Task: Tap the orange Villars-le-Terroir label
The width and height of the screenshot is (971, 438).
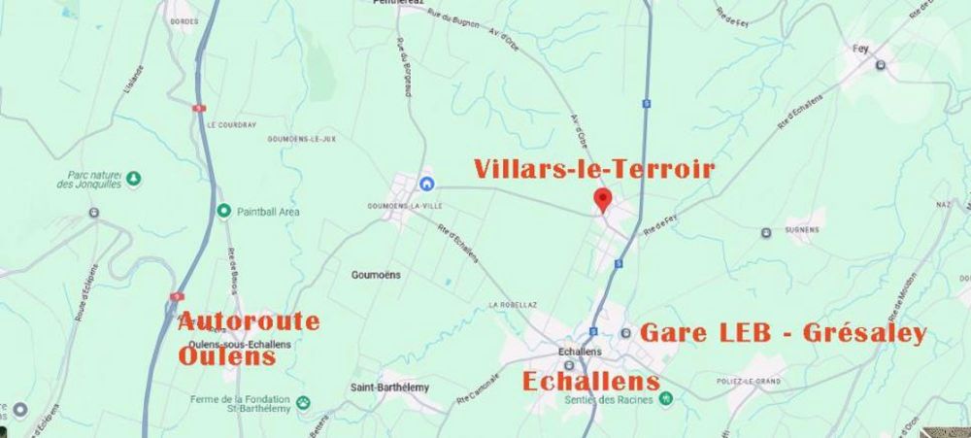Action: (594, 169)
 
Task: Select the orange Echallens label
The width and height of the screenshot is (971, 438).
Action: (591, 381)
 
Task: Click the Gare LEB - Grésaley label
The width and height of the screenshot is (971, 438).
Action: (783, 334)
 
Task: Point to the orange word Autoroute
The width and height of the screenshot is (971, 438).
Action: (249, 321)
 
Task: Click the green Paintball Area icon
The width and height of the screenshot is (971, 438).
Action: (223, 211)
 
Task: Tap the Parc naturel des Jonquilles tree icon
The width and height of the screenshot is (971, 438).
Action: (134, 179)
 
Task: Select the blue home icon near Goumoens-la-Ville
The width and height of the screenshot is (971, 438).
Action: (425, 185)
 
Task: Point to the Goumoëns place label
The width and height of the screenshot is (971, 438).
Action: (376, 275)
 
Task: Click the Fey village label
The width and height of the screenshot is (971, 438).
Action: (859, 48)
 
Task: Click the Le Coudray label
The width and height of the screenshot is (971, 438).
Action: (231, 125)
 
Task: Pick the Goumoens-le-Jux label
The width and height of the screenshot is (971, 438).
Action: (301, 139)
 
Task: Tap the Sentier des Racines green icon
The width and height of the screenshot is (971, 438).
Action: (665, 398)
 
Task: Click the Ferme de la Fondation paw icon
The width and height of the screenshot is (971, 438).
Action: (303, 401)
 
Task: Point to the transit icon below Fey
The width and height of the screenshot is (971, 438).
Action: (880, 65)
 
